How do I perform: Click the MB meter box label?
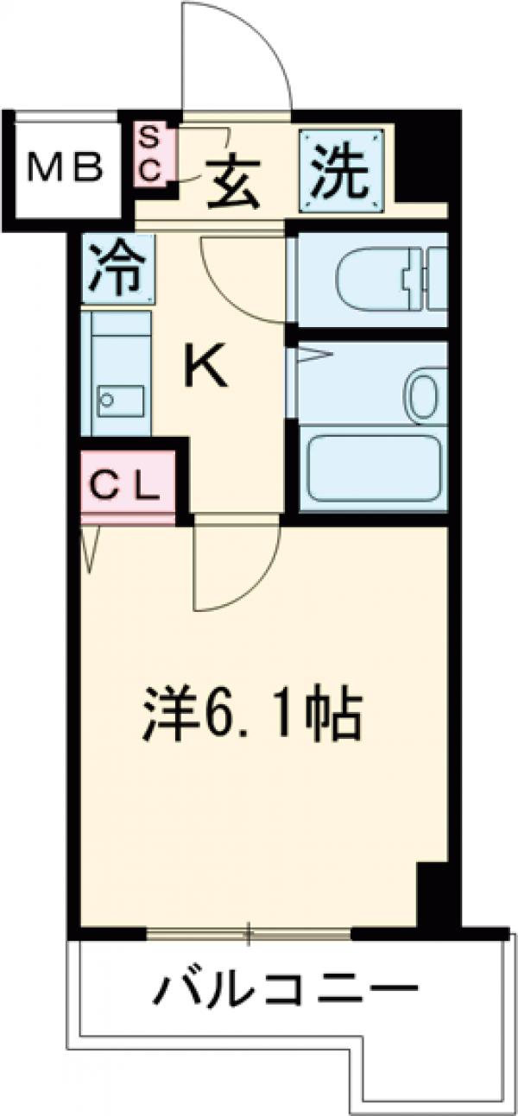coord(65,167)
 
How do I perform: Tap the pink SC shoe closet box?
coord(151,153)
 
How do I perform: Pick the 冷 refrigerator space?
coord(118,268)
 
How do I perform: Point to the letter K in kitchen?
coord(208,371)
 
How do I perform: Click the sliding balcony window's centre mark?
coord(249,931)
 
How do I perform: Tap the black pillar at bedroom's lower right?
coord(432,893)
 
